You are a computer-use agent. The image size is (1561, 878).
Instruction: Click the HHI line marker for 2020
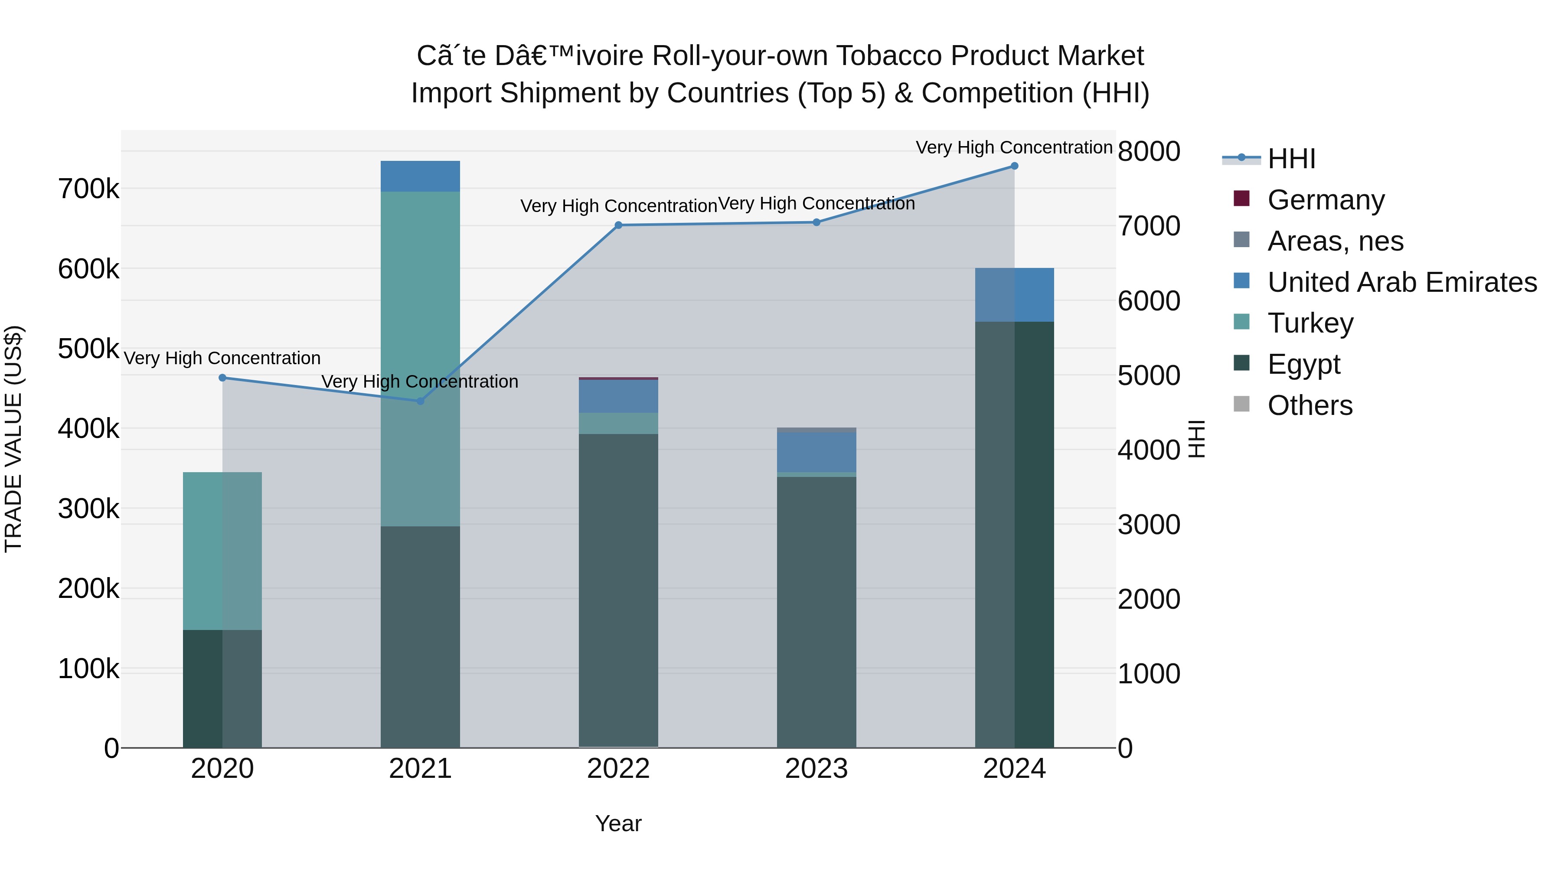pos(222,378)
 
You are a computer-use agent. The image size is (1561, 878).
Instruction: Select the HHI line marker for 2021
pos(421,401)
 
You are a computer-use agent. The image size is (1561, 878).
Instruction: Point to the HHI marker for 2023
pos(816,222)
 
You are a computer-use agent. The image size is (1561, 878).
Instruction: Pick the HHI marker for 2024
pos(1014,166)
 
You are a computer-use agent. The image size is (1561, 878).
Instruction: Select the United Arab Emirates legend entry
pos(1401,282)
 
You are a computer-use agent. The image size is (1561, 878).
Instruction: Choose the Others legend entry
pos(1310,405)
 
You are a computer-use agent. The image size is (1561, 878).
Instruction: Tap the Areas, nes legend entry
pos(1335,241)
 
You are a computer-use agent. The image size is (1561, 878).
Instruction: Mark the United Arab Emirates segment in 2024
pos(1014,294)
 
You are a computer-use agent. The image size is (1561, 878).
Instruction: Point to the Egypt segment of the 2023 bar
pos(816,612)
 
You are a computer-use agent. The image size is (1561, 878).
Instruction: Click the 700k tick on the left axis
pos(88,189)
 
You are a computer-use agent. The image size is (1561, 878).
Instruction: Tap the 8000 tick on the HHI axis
pos(1148,151)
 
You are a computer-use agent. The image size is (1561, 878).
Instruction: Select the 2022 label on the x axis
pos(618,769)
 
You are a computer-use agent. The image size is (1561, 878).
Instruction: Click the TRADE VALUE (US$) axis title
pos(13,439)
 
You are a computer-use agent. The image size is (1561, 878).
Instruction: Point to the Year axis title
pos(618,823)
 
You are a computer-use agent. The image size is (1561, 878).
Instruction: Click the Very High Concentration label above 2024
pos(1014,147)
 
